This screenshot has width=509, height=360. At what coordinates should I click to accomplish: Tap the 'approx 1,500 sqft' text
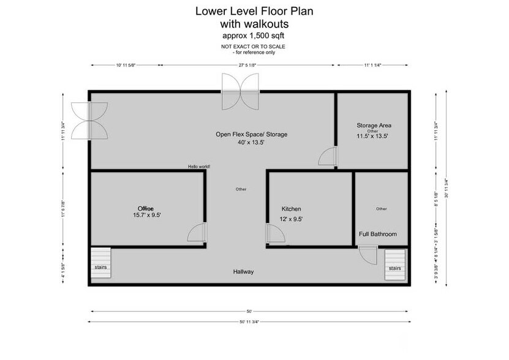(254, 36)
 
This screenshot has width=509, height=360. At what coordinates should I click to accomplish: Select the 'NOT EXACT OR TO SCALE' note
(254, 47)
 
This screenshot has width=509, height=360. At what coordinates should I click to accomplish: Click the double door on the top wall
(241, 91)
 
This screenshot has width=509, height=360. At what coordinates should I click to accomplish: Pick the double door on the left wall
(89, 120)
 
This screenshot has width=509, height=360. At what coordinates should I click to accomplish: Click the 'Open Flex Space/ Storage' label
(251, 134)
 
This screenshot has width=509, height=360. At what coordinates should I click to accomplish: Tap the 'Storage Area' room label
(374, 126)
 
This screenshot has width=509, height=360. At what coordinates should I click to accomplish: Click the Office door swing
(197, 234)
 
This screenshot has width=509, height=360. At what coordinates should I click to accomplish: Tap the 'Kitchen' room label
(291, 209)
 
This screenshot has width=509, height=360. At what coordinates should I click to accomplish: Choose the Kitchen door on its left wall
(273, 234)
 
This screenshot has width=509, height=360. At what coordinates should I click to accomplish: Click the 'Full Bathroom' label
(377, 234)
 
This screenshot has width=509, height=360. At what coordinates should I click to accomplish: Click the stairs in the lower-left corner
(100, 265)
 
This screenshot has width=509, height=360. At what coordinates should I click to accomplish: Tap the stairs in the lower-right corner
(396, 265)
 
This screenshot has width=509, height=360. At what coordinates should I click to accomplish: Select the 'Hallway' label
(243, 271)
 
